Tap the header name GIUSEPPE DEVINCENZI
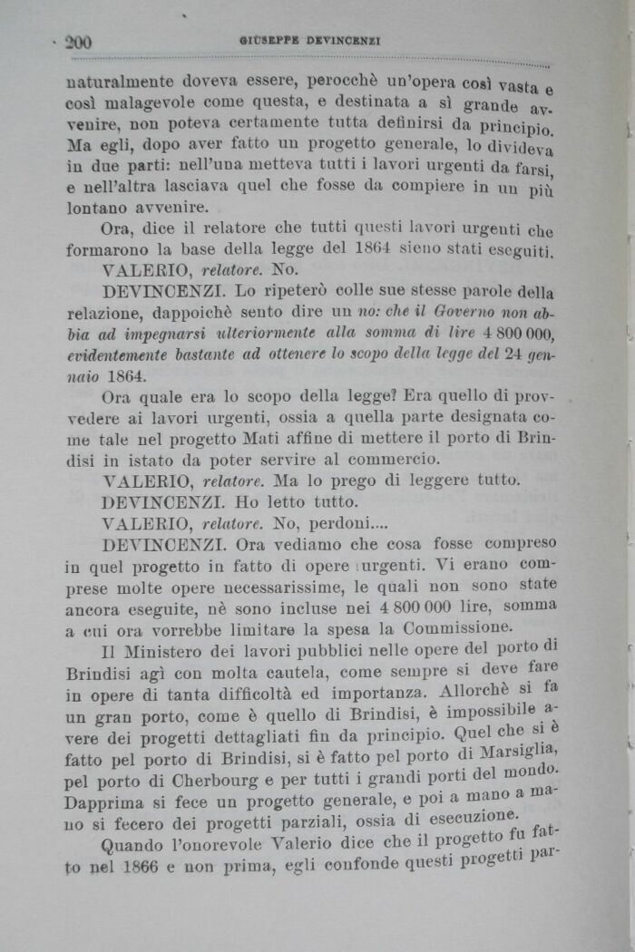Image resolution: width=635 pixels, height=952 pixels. pos(309,41)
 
